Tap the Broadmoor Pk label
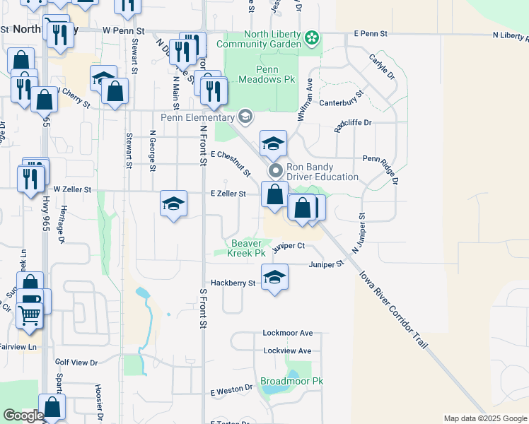point(291,381)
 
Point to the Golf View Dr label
point(76,363)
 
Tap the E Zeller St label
point(228,194)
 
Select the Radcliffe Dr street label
point(353,122)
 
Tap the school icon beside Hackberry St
point(274,277)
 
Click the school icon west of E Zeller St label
point(173,204)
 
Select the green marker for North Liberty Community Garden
point(312,37)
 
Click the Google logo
point(23,416)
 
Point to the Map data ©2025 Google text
point(484,418)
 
